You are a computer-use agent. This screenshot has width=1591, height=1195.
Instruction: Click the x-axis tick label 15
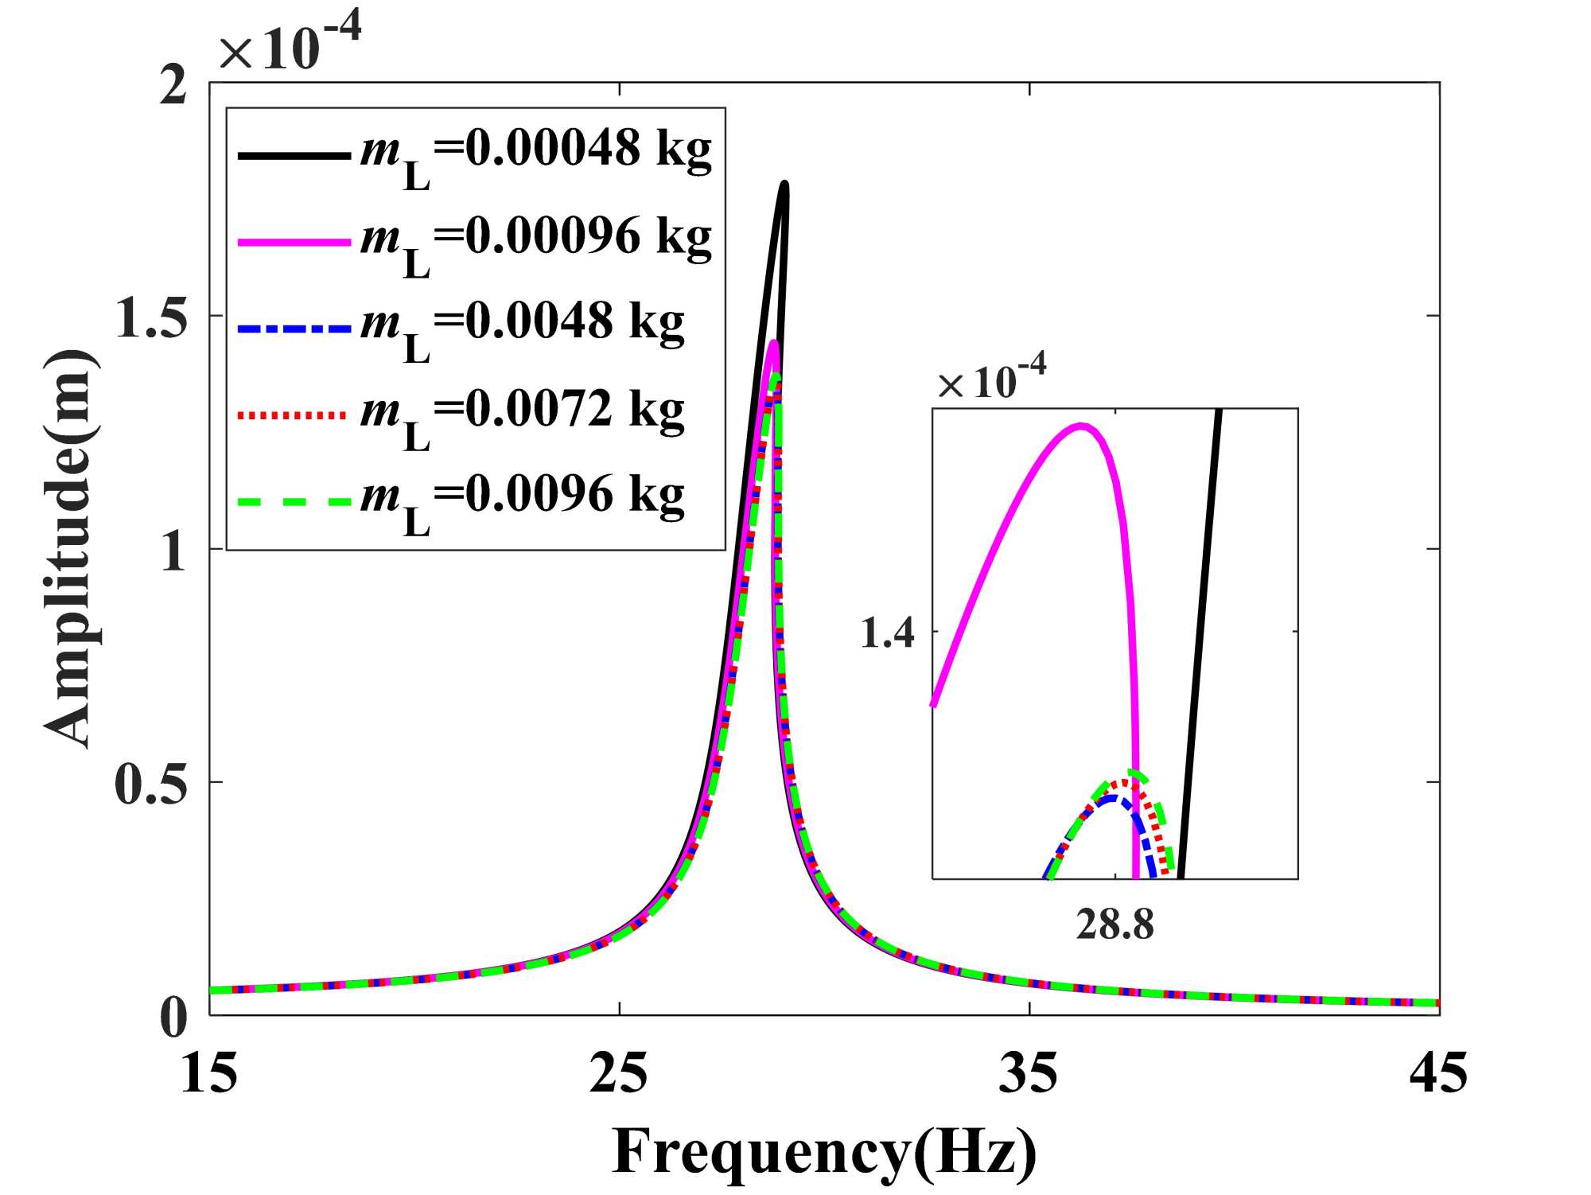click(209, 1073)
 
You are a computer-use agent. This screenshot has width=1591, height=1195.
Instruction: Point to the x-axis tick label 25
click(619, 1073)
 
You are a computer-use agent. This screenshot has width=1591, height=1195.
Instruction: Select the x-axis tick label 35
click(1029, 1073)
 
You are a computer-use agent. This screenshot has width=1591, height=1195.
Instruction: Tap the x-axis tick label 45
click(1438, 1073)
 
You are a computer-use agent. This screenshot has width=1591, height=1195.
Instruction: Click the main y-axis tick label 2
click(173, 84)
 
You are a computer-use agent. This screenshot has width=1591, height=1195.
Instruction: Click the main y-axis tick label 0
click(173, 1016)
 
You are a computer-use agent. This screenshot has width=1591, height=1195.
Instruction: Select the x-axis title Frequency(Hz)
click(824, 1151)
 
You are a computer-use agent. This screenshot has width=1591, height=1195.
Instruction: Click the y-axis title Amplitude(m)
click(70, 548)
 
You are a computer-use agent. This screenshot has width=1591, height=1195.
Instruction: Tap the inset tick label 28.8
click(1114, 924)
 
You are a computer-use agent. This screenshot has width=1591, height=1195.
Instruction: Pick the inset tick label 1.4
click(887, 634)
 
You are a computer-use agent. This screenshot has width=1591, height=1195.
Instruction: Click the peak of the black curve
click(784, 185)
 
